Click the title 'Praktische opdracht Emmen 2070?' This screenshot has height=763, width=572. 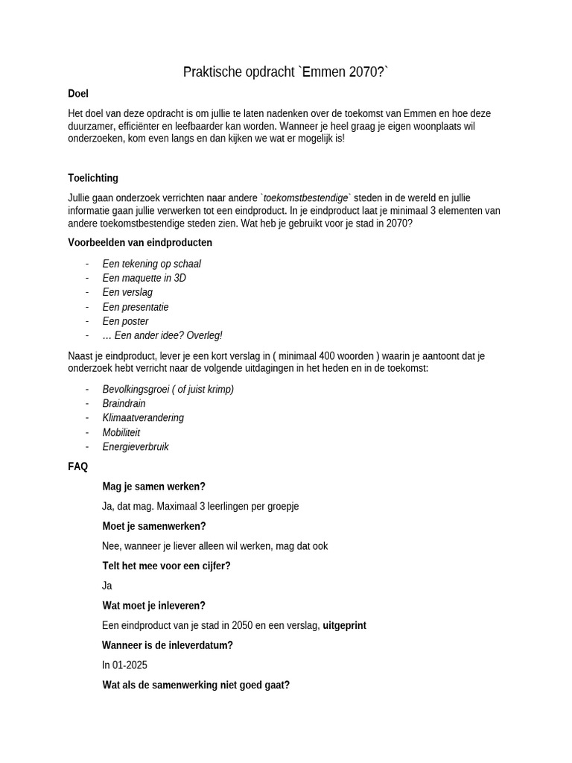point(286,72)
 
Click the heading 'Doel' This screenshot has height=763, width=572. point(78,94)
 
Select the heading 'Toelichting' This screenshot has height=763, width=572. point(93,178)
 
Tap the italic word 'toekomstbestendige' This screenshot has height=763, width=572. point(305,198)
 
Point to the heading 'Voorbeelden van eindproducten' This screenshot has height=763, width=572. point(140,242)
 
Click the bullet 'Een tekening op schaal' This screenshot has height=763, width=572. point(151,264)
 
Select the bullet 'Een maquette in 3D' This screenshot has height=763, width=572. point(144,278)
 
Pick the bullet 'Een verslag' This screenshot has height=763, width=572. point(127,292)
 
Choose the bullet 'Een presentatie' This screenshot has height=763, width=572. point(136,307)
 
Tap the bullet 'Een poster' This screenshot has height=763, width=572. point(125,321)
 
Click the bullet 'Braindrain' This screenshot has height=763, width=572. point(124,404)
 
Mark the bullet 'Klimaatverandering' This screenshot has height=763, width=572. point(143,418)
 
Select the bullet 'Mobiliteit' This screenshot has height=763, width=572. point(121,433)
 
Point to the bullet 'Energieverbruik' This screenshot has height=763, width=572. point(136,447)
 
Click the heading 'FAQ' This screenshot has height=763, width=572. point(78,467)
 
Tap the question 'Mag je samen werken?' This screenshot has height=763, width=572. point(153,487)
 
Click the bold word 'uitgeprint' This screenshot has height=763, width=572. point(344,626)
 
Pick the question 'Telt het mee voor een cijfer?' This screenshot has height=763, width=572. point(166,566)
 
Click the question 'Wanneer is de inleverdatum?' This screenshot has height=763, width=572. point(167,645)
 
